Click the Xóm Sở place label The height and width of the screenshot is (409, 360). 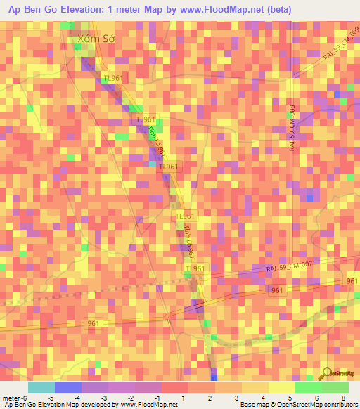[96, 40]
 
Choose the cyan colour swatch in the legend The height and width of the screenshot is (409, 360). [41, 387]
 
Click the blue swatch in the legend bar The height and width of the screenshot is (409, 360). [68, 387]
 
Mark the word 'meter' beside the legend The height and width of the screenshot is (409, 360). [10, 398]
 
